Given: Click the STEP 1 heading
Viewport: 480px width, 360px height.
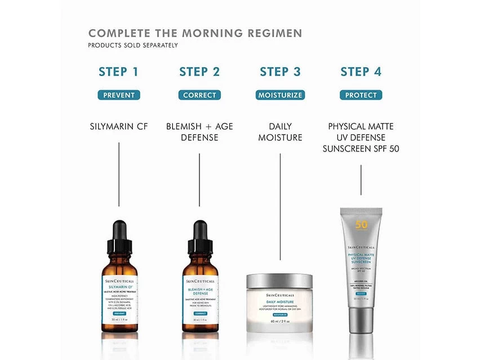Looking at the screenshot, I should [x=118, y=72].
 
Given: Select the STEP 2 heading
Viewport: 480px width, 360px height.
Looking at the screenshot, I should [x=199, y=72].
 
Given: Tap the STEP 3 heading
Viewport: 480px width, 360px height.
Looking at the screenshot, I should [x=280, y=72].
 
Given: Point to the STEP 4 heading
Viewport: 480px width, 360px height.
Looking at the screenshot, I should [x=361, y=72].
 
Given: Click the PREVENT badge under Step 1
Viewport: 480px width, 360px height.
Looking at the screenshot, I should [x=119, y=95].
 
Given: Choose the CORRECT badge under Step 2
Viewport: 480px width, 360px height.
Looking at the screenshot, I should [x=199, y=95].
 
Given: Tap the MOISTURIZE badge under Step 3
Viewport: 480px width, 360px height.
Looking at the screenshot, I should [x=280, y=95].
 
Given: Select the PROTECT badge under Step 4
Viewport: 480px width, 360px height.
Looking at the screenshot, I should [x=361, y=95].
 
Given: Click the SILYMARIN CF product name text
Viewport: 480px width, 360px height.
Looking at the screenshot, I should [x=119, y=126].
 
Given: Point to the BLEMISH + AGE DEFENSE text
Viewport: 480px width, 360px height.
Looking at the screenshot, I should [x=199, y=131].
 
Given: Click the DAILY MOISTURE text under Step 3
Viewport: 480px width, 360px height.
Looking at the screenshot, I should [x=280, y=131].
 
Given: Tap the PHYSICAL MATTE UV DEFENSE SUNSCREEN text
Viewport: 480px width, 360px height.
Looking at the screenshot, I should [x=361, y=137].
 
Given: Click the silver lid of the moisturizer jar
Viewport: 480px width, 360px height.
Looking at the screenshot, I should [x=280, y=281].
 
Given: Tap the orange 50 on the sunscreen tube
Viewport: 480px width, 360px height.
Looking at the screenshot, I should [x=361, y=224].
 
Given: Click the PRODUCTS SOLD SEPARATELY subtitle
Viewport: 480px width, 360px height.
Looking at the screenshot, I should [x=133, y=45].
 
